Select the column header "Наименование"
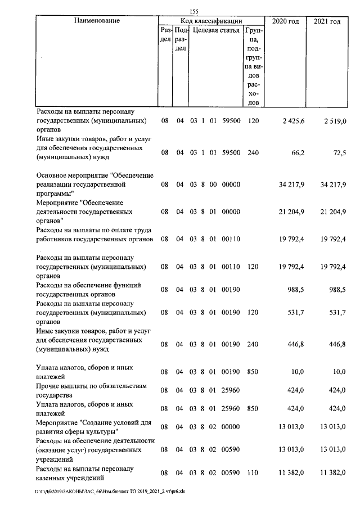97,21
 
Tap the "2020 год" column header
286,21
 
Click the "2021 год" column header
326,21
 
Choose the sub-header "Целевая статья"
216,30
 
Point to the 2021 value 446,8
336,344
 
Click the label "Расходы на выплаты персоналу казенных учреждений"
84,474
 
